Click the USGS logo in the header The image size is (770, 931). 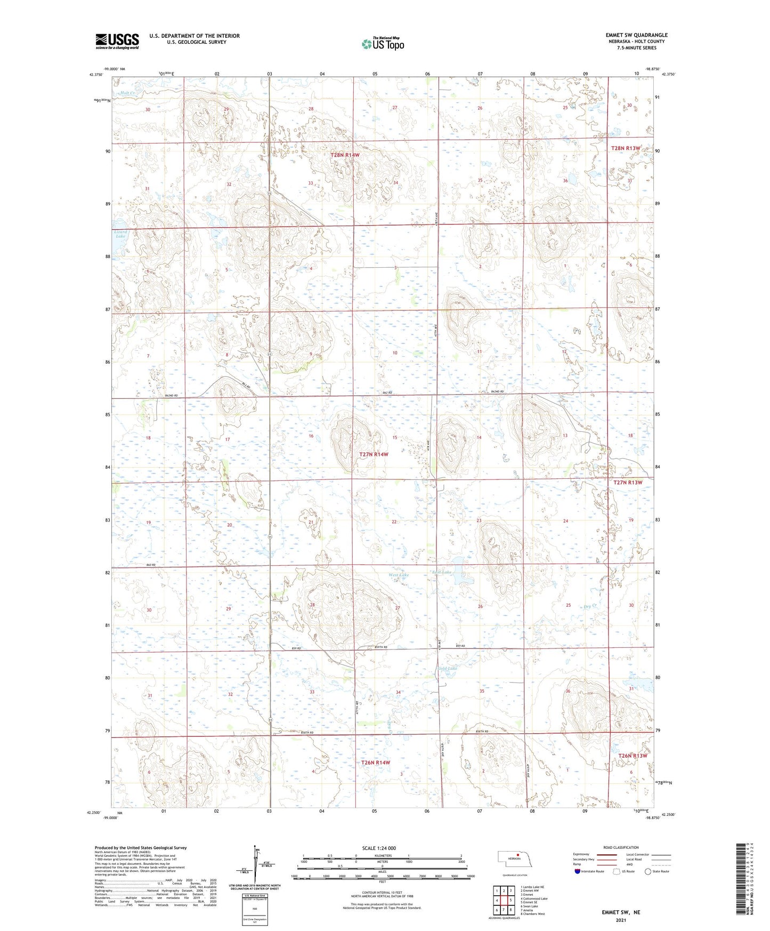pyautogui.click(x=117, y=41)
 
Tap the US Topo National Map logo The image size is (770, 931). pyautogui.click(x=383, y=43)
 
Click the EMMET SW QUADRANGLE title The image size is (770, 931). pyautogui.click(x=636, y=35)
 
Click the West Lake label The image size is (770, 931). pyautogui.click(x=399, y=575)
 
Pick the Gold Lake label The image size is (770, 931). pyautogui.click(x=447, y=668)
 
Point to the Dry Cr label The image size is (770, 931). pyautogui.click(x=589, y=606)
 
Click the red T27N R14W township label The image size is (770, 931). pyautogui.click(x=374, y=454)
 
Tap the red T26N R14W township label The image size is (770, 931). pyautogui.click(x=376, y=763)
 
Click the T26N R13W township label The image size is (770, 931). pyautogui.click(x=633, y=756)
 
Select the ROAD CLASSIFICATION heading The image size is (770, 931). pyautogui.click(x=621, y=847)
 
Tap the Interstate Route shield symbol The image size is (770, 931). pyautogui.click(x=578, y=871)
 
